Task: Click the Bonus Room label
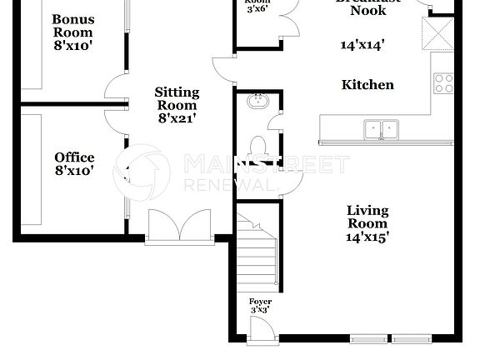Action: point(73,27)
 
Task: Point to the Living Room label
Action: point(367,217)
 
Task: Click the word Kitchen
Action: point(367,85)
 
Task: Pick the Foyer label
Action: point(260,301)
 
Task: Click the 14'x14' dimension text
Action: point(362,45)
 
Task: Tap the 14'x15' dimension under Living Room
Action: point(367,236)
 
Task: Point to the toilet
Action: point(258,147)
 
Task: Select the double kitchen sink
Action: point(381,129)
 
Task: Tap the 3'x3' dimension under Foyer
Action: point(260,310)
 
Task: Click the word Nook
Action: point(367,11)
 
